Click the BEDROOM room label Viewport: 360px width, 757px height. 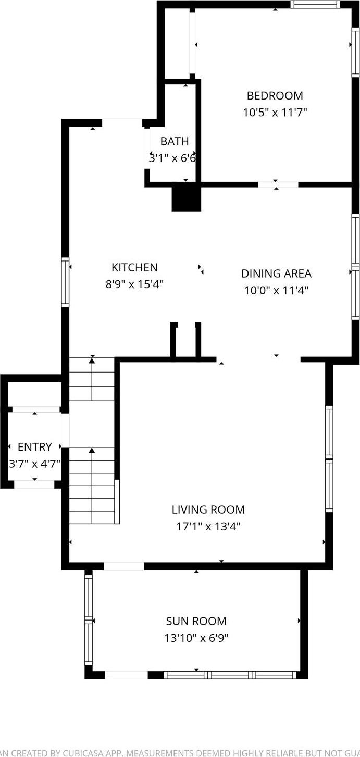275,96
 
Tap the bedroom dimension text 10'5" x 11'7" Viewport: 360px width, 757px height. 275,112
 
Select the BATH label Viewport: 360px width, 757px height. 174,141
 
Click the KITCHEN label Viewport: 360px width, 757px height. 134,268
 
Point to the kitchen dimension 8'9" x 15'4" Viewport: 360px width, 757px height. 134,284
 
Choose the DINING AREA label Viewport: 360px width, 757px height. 276,274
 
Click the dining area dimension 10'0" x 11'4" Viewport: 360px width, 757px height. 276,290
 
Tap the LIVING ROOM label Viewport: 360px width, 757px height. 208,510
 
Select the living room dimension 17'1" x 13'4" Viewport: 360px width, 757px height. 208,526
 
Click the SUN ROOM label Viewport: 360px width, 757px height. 196,621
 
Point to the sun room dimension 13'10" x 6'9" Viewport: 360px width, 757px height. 196,638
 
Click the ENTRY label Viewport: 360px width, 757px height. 35,447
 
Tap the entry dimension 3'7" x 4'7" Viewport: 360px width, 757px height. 35,463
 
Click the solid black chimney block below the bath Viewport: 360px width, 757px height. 186,198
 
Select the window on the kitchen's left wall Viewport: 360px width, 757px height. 66,282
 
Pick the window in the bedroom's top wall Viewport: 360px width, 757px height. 315,5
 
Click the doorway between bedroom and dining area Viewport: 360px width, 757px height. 278,184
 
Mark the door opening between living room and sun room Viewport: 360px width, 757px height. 124,566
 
